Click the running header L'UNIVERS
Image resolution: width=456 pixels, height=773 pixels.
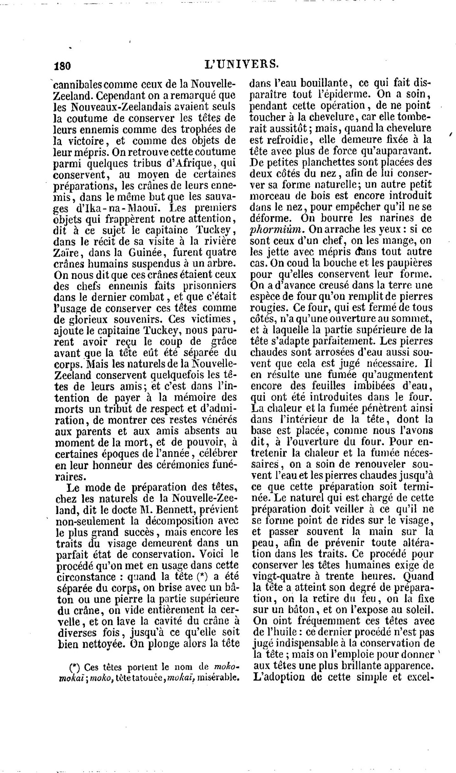coord(242,64)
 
